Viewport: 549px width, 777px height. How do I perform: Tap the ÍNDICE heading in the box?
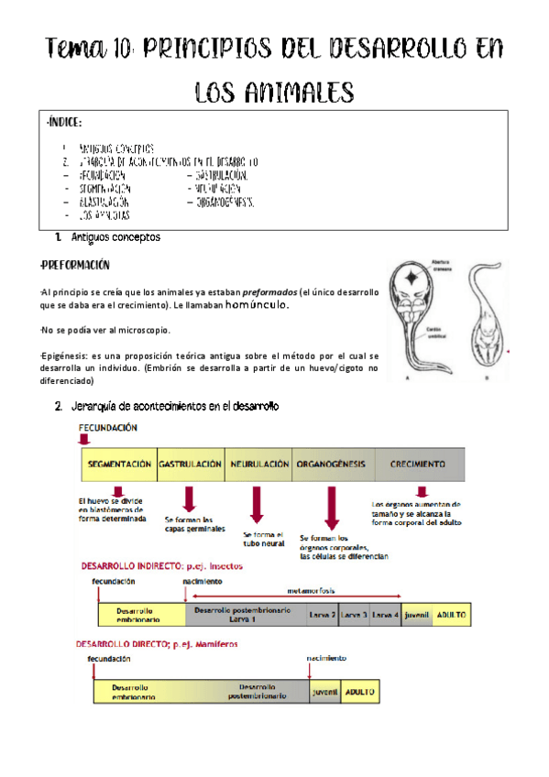[x=65, y=121]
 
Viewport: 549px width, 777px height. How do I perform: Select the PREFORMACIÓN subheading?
[x=76, y=266]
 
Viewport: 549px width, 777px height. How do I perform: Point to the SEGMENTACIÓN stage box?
[x=119, y=465]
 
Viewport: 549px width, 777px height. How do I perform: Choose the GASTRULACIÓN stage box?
[x=191, y=465]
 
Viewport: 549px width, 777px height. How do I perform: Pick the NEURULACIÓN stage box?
[x=258, y=465]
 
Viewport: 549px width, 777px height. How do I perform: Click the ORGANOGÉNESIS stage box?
[x=331, y=465]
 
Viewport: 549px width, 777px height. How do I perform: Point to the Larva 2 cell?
[x=322, y=614]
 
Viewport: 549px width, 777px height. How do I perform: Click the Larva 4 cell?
[x=386, y=614]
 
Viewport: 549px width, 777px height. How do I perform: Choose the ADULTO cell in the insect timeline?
[x=451, y=614]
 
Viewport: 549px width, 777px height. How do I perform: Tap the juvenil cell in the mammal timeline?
[x=324, y=692]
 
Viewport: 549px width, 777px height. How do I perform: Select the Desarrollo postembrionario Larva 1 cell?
[x=244, y=614]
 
